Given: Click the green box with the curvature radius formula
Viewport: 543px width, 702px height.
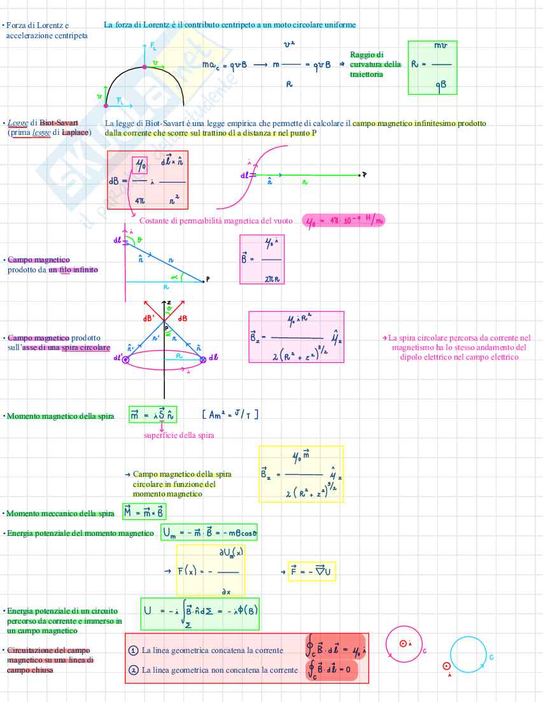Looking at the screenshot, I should pos(432,67).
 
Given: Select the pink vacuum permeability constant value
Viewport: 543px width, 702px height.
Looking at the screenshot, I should pos(344,221).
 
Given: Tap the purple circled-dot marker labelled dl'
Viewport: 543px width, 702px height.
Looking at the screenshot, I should pos(125,360).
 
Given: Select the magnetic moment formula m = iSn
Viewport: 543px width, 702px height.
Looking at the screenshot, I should pos(153,416).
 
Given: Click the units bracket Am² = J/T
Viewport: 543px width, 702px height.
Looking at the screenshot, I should pos(230,415).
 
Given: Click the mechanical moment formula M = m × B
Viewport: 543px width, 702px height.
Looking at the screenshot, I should pos(145,513).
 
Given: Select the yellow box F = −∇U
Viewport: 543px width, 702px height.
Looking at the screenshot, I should pos(312,572).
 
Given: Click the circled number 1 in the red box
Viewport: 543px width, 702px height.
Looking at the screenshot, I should pos(133,650).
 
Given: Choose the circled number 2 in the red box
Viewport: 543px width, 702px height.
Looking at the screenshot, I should pos(133,670).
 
